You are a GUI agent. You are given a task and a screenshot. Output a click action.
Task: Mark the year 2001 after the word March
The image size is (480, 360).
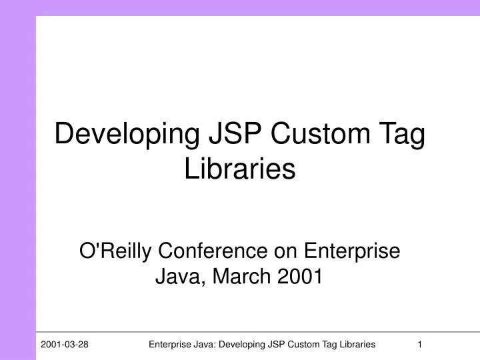point(299,275)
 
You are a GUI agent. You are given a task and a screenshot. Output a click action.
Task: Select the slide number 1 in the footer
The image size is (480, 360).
point(420,344)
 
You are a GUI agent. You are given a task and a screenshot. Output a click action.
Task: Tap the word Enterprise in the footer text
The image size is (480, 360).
point(169,344)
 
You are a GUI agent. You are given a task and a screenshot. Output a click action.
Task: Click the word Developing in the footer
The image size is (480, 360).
point(241,344)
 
